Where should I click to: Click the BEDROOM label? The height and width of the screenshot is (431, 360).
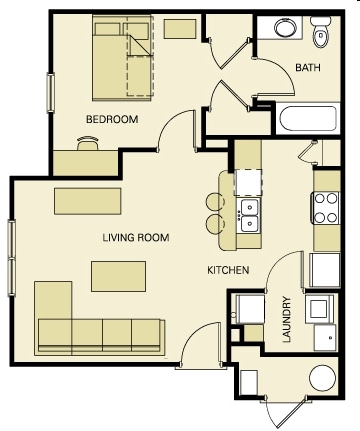coord(112,119)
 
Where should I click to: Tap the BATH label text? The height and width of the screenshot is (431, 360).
coord(308,68)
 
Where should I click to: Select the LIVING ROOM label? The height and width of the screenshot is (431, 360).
coord(136,238)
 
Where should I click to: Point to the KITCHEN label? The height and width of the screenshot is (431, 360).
coord(228,270)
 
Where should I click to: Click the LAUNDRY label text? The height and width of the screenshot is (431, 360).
coord(287,319)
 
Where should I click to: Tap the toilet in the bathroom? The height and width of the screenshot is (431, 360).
coord(320,32)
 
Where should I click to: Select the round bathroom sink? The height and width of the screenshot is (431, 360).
coord(285,28)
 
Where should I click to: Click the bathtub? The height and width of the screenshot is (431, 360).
coord(308,119)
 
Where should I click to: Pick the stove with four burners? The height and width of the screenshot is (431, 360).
coord(326,208)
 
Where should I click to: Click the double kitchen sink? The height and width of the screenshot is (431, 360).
coord(249,215)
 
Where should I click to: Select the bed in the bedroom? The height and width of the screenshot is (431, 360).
coord(123,58)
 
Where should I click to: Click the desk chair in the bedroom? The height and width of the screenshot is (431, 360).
coord(88,143)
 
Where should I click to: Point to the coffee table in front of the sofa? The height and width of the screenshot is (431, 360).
coord(118,276)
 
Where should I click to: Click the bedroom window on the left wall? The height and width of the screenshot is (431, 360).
coord(51,93)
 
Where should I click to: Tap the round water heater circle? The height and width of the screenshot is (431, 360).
coord(322,378)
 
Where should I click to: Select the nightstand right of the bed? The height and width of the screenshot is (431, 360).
coord(180,29)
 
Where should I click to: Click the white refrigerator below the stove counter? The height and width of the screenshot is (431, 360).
coord(325,270)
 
